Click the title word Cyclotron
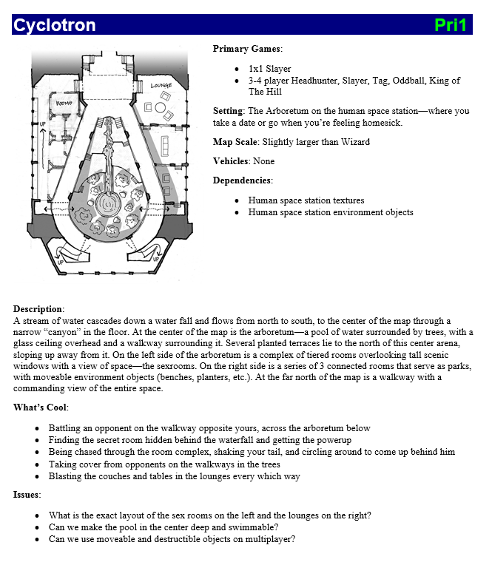pos(55,25)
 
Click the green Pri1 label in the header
pos(451,25)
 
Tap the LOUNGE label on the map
pos(161,86)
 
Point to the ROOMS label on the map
pos(64,103)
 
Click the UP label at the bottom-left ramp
pos(60,262)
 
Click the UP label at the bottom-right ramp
pos(155,259)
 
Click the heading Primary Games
pos(247,49)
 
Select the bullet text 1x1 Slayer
pos(270,69)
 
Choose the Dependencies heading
pos(242,180)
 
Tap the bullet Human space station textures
pos(306,200)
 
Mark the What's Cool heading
pos(41,407)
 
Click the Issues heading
pos(27,495)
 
